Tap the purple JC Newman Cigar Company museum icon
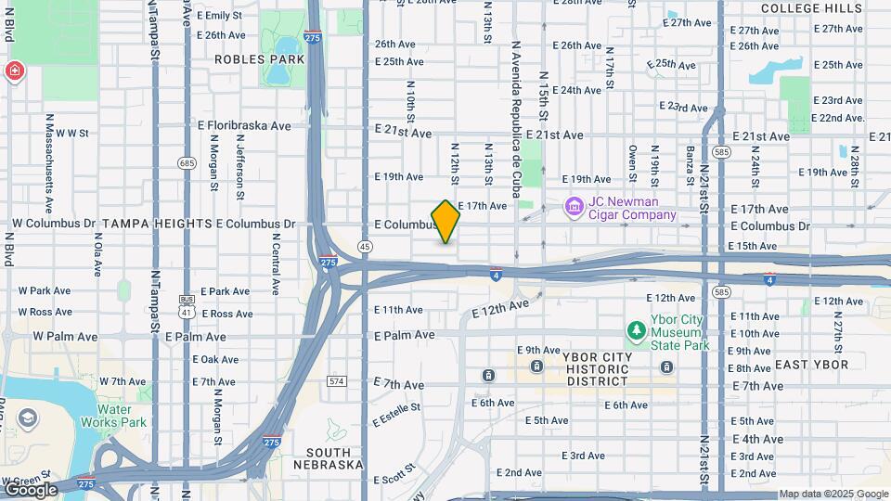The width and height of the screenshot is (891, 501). (574, 205)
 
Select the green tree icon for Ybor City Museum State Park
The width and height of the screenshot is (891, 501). (636, 330)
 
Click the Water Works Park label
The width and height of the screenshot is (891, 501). (122, 416)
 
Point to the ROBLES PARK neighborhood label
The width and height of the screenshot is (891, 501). (246, 59)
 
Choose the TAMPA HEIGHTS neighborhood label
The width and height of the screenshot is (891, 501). (158, 224)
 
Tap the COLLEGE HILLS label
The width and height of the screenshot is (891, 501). (805, 8)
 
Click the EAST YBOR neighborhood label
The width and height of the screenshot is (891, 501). (811, 365)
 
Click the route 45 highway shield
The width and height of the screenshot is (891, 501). (366, 247)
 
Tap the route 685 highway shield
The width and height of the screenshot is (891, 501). (187, 163)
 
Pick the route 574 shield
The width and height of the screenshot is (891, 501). (336, 381)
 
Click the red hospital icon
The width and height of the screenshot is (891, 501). (14, 71)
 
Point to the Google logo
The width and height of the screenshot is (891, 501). (30, 489)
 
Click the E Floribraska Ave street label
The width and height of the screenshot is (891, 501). (244, 125)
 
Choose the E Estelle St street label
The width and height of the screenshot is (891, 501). (396, 414)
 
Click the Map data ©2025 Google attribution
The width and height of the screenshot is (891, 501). (833, 494)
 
